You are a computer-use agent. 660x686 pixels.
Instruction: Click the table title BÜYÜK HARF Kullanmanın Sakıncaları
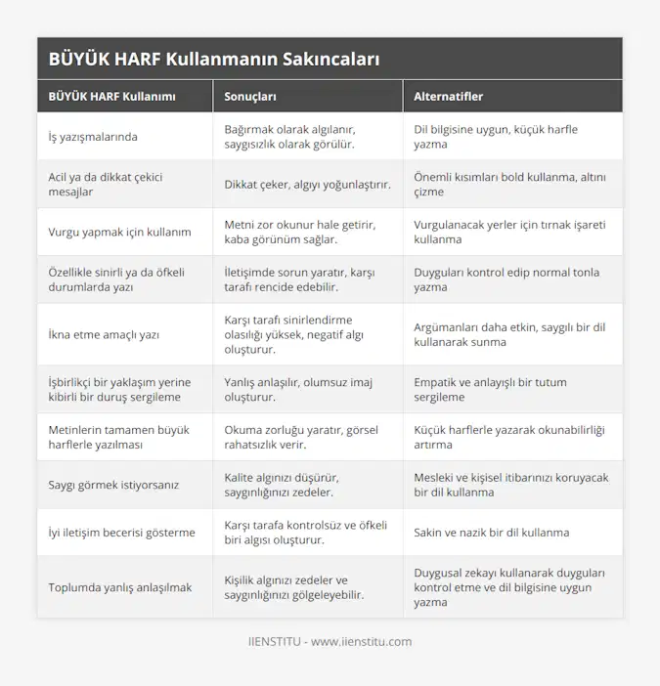tap(214, 59)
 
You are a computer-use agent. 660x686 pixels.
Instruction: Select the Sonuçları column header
tap(250, 97)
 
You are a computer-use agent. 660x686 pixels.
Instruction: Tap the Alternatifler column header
tap(449, 97)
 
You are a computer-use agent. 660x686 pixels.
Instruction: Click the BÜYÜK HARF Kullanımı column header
tap(112, 97)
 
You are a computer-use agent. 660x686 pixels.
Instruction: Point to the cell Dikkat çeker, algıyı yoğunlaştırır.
tap(307, 185)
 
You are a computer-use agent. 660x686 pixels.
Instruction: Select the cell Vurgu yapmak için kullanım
tap(119, 233)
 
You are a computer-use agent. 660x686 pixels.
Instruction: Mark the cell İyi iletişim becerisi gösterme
tap(122, 534)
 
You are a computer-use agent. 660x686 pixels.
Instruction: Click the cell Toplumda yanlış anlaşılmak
tap(119, 588)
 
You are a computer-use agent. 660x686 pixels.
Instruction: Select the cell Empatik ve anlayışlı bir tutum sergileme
tap(490, 390)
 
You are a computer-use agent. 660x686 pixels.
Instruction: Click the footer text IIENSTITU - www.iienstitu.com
tap(330, 642)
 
